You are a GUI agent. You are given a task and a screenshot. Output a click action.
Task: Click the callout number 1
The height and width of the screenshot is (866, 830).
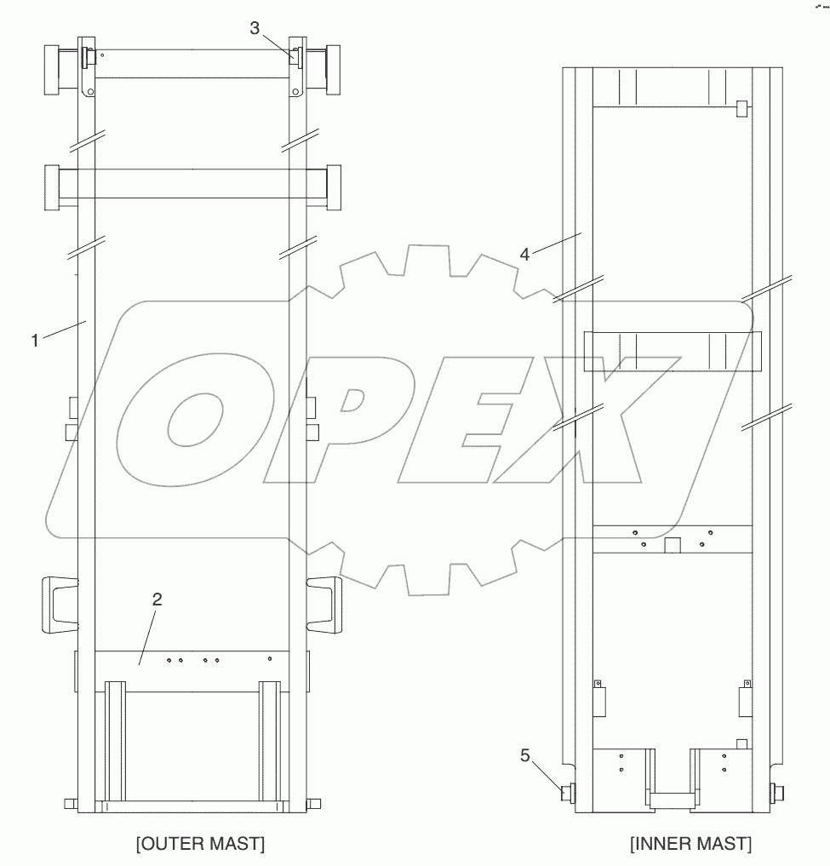[35, 341]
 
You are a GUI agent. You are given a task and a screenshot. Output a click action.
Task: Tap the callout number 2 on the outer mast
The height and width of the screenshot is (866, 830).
[157, 599]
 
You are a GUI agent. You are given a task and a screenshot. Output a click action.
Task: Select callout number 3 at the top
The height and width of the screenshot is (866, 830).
[255, 28]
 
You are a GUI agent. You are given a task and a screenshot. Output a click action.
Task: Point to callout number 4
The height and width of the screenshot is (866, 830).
[524, 254]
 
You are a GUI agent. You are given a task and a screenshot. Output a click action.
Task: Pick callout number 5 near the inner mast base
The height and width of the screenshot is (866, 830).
[525, 755]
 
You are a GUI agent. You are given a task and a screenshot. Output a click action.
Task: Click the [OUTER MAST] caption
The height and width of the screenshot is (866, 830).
[200, 844]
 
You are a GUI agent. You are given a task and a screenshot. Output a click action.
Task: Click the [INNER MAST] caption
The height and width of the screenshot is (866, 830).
[691, 844]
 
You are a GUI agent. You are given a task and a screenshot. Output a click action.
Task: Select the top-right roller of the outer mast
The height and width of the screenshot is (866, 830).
[333, 70]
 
